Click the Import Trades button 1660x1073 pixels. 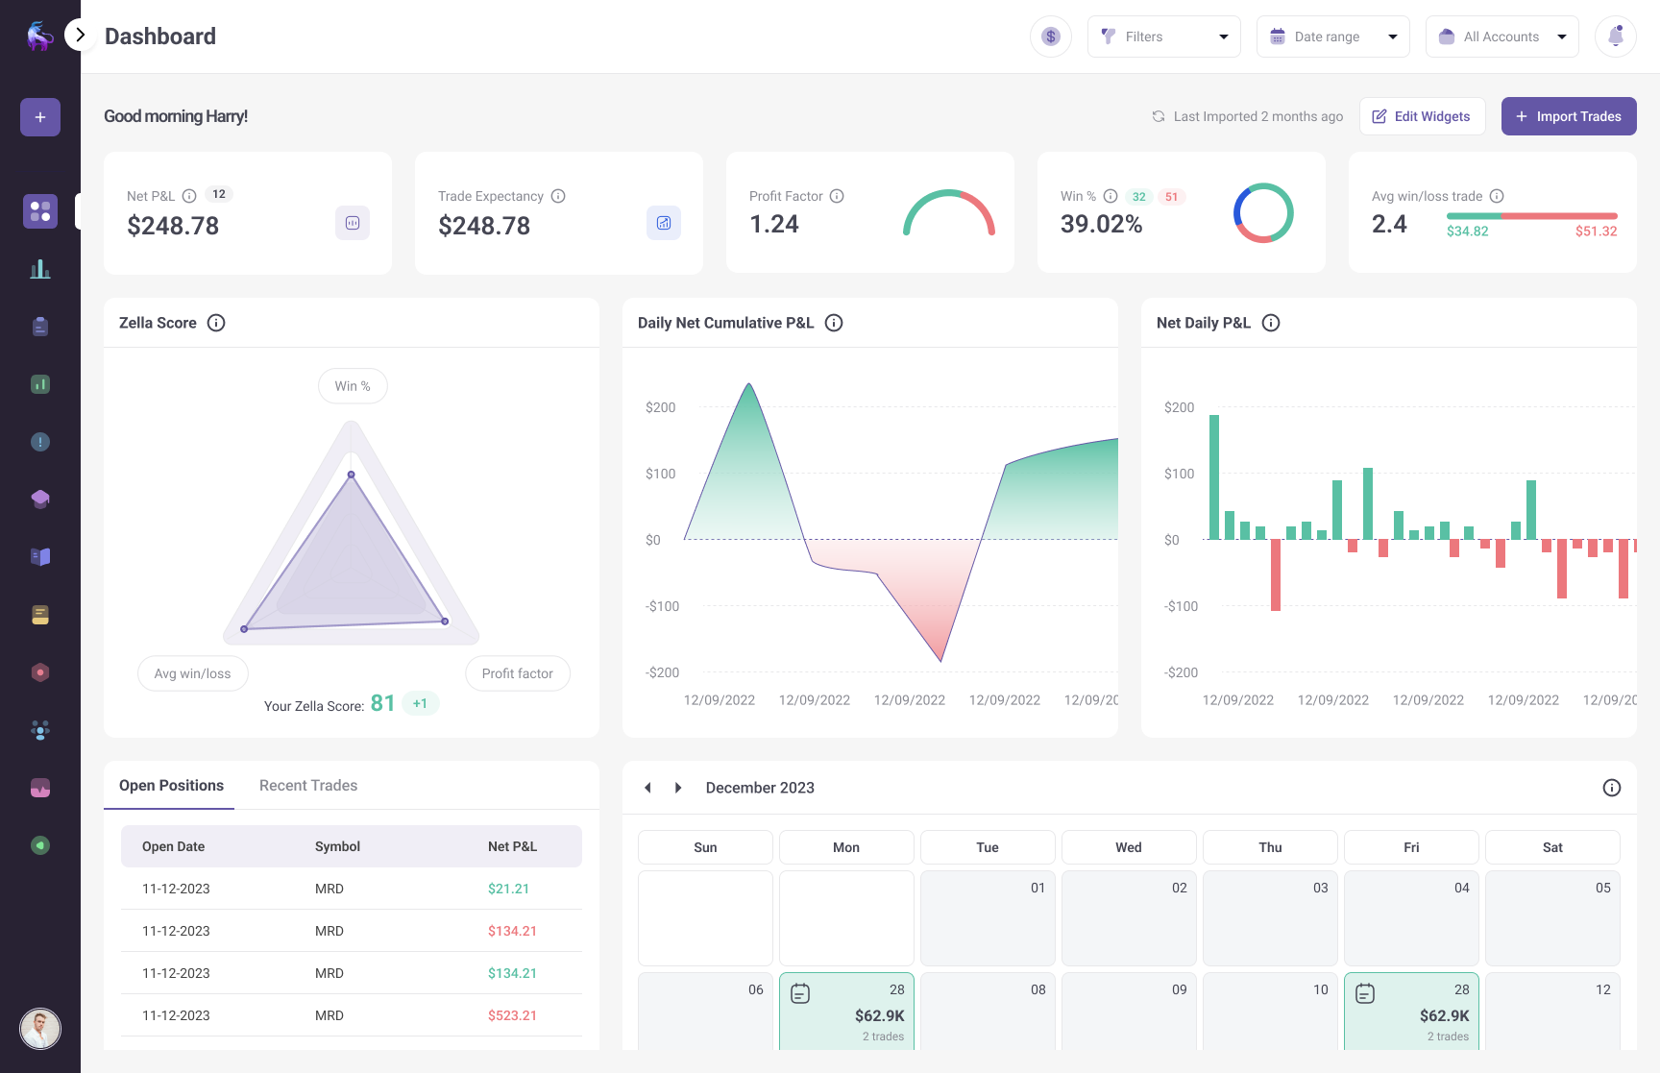tap(1568, 116)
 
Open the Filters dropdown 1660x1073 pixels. tap(1163, 37)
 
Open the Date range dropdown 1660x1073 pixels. tap(1332, 37)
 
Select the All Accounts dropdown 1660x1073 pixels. tap(1501, 37)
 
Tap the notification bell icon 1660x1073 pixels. tap(1615, 37)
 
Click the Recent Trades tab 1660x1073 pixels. tap(308, 786)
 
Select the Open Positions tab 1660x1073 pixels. tap(171, 786)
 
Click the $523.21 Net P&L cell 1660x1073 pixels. tap(512, 1015)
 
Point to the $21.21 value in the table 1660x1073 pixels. tap(508, 889)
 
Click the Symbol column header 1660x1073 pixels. tap(337, 846)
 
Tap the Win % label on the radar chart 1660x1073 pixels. tap(353, 386)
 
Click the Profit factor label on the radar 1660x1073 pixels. tap(517, 673)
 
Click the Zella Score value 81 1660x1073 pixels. tap(382, 704)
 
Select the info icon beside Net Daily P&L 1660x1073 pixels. tap(1270, 323)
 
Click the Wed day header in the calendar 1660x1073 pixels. tap(1129, 847)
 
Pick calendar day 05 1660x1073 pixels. tap(1552, 917)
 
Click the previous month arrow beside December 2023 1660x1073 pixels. tap(647, 788)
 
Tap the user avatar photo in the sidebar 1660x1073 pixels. tap(40, 1029)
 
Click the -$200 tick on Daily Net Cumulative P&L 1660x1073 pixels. tap(662, 672)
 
